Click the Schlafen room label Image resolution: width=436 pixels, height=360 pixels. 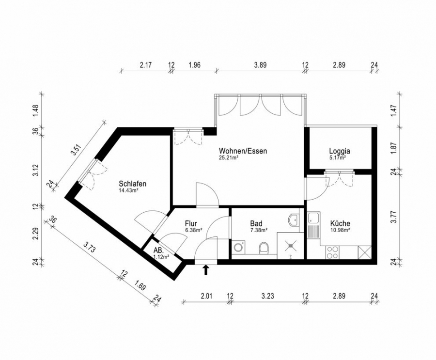coord(133,184)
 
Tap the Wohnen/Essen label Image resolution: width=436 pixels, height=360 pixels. coord(243,151)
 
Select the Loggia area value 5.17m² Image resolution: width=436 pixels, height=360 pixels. coord(337,158)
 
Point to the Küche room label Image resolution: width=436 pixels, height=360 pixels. coord(340,223)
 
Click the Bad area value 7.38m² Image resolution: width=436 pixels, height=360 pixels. coord(259,230)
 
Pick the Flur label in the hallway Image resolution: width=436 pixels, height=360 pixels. coord(191,223)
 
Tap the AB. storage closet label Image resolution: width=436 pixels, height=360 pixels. coord(158,250)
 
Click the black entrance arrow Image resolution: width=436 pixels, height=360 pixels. coord(206,270)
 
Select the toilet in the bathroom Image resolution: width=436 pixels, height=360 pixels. coord(264,248)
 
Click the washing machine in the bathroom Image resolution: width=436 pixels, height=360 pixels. coord(238,247)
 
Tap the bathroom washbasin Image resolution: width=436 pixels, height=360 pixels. coord(294,220)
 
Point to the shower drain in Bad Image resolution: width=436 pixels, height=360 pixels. coord(290,245)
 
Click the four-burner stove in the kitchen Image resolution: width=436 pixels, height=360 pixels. coord(332,252)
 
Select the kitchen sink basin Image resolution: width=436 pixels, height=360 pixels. coord(313,218)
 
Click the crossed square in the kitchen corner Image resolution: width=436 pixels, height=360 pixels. coord(365,252)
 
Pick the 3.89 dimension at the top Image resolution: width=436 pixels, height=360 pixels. coord(260,65)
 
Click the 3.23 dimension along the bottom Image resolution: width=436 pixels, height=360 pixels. coord(267,296)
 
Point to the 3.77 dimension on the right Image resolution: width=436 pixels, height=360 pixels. coord(393,217)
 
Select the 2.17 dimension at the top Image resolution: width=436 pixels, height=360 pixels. coord(146,65)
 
